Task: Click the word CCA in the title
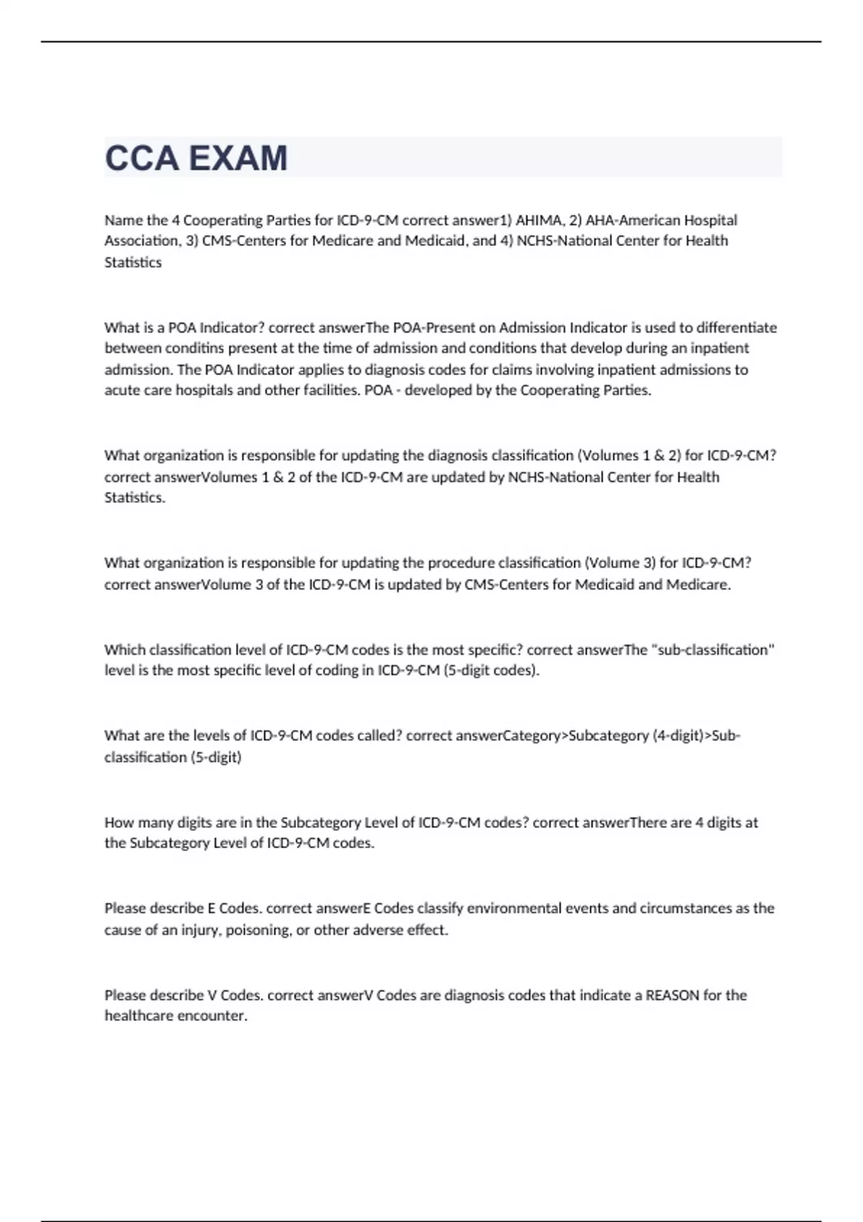141,158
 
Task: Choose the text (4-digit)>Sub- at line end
697,736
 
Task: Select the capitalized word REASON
672,996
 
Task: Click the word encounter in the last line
215,1016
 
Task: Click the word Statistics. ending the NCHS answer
135,497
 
